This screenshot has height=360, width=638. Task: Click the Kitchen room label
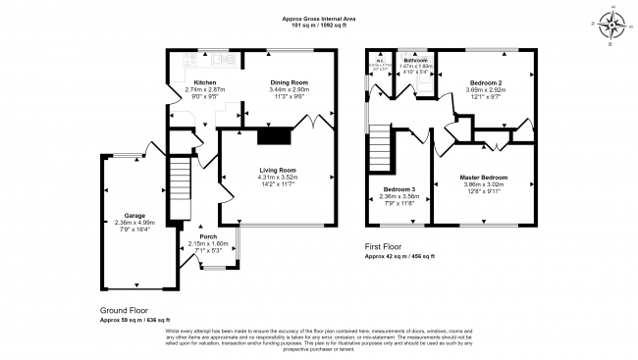(x=204, y=82)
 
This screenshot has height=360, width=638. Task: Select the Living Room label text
(x=278, y=171)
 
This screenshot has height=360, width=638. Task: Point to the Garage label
(x=133, y=214)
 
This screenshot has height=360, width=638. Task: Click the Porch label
(x=207, y=236)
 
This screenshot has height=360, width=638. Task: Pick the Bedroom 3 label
(x=399, y=188)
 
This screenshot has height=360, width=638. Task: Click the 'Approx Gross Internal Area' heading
(x=318, y=17)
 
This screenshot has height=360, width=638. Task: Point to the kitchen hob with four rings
(x=227, y=58)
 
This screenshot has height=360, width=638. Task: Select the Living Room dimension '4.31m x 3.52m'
(x=278, y=178)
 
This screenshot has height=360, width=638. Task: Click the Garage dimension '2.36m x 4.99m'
(x=133, y=221)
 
